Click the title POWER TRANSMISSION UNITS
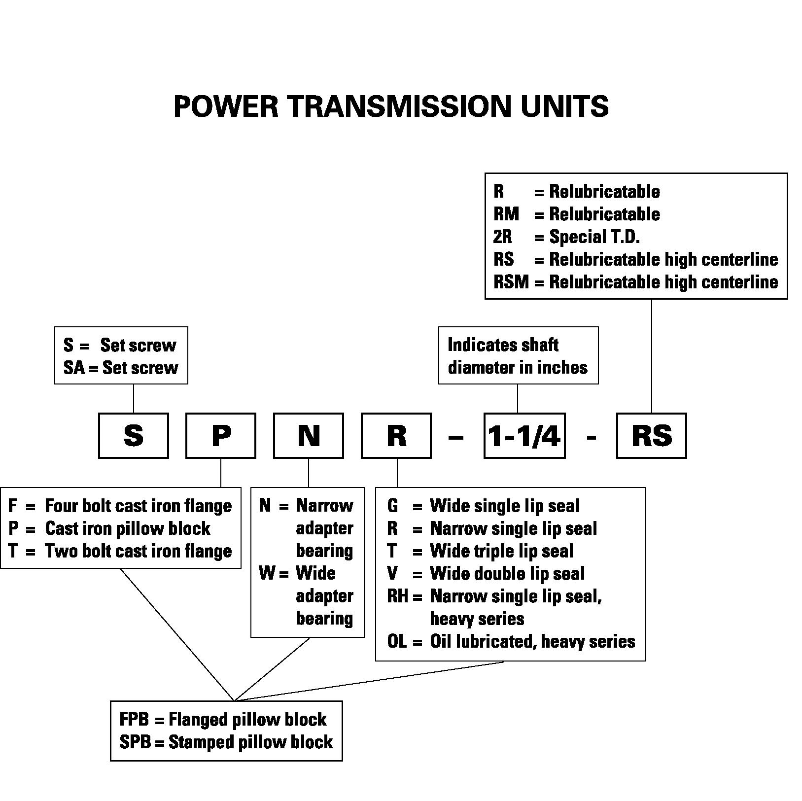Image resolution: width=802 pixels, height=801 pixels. [x=391, y=106]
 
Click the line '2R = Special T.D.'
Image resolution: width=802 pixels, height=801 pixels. [x=566, y=237]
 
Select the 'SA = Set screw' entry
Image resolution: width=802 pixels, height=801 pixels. [x=121, y=368]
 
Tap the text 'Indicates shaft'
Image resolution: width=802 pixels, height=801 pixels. [x=503, y=345]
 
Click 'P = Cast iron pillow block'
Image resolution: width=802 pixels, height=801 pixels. [x=109, y=528]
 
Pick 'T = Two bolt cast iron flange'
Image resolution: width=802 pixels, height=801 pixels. [x=120, y=551]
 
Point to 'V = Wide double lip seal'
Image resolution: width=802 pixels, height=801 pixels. [x=486, y=574]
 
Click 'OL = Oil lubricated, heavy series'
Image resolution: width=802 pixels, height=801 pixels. [x=511, y=641]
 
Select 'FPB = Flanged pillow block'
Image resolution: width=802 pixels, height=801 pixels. [x=223, y=720]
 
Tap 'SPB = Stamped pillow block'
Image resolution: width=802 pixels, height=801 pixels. [x=226, y=742]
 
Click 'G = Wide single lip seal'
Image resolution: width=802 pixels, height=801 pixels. [x=484, y=506]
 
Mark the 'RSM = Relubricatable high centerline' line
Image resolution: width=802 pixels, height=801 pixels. [x=636, y=282]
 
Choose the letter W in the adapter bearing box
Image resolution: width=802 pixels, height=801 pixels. [x=267, y=573]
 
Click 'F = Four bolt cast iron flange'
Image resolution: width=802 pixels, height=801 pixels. [x=120, y=506]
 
